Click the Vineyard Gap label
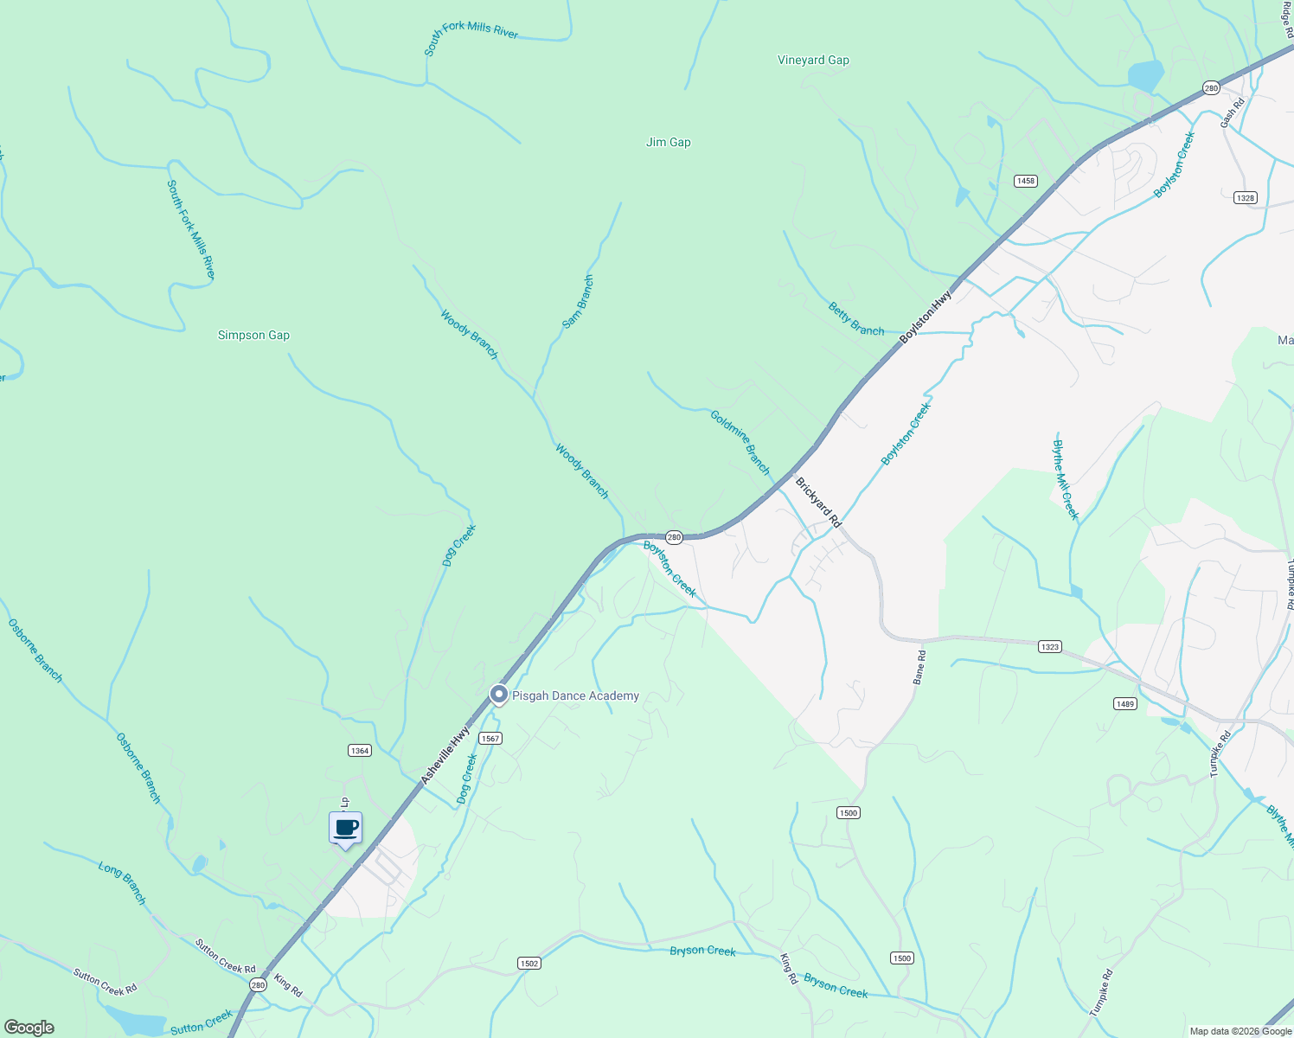pos(813,60)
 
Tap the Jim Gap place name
pos(668,142)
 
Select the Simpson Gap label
pos(253,335)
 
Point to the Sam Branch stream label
pos(578,302)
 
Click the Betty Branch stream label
pos(855,318)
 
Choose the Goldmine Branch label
pos(740,442)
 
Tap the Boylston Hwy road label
pos(926,317)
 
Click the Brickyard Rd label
pos(818,503)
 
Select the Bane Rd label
pos(920,667)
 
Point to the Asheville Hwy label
pos(445,755)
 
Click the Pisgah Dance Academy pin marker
pos(498,695)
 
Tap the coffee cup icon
pos(345,829)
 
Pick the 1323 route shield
pos(1049,646)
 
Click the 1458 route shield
pos(1025,181)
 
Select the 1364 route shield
pos(360,750)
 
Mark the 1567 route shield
pos(490,738)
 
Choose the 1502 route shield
pos(529,963)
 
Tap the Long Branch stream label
pos(122,882)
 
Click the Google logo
pos(29,1028)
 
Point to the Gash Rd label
pos(1232,113)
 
